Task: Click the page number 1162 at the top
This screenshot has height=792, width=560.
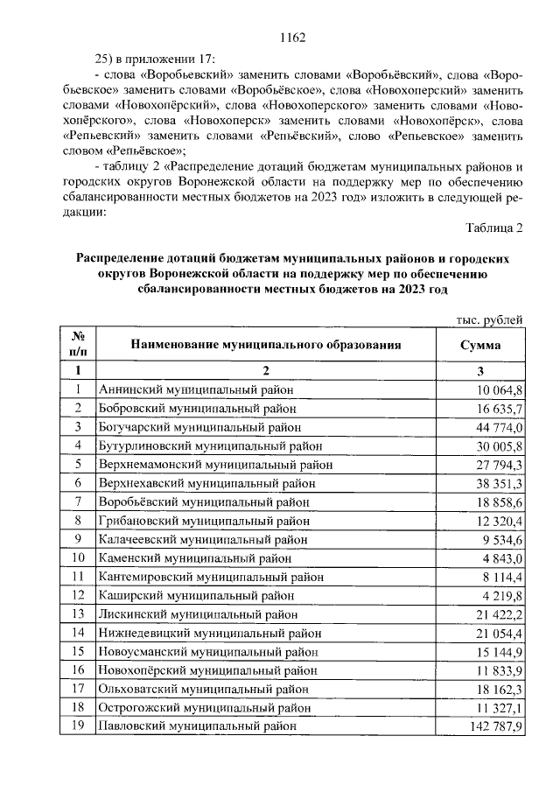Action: pos(290,37)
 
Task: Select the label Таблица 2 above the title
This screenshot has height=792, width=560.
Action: pos(493,228)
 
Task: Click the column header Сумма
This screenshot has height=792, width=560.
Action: pos(480,344)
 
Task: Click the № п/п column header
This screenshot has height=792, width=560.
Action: pos(78,344)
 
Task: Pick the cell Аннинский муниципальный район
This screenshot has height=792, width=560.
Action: pos(197,389)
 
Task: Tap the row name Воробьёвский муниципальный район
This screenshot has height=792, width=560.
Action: pos(204,501)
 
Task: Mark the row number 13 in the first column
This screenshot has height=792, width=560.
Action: pos(78,614)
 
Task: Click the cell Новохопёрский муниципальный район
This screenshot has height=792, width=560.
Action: pos(208,670)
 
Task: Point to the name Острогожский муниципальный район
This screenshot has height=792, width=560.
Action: pos(206,707)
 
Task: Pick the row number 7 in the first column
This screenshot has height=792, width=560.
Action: pos(78,501)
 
